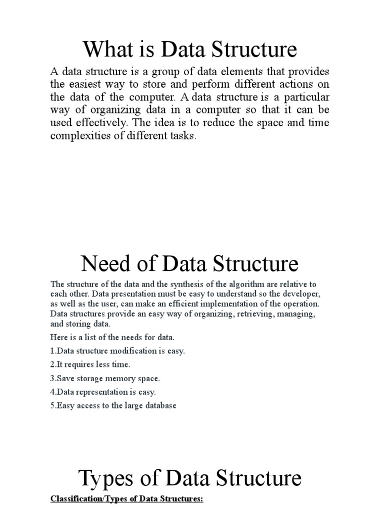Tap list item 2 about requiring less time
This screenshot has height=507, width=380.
tap(91, 365)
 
